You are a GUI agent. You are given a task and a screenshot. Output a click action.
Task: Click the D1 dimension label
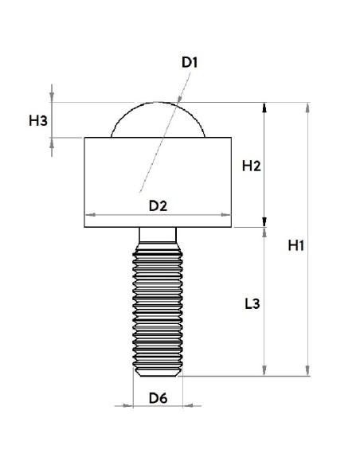click(x=190, y=62)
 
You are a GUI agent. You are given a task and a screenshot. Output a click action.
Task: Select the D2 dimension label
click(x=158, y=205)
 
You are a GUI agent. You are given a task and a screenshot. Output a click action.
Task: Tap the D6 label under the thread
click(x=158, y=398)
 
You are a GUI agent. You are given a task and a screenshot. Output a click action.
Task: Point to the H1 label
click(x=296, y=245)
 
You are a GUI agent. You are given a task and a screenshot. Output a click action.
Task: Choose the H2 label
click(x=251, y=166)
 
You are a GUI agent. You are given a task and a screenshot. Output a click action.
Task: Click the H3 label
click(x=38, y=121)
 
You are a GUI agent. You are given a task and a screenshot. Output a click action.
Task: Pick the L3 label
click(x=252, y=303)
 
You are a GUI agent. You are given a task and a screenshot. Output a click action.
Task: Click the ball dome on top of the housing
click(x=158, y=103)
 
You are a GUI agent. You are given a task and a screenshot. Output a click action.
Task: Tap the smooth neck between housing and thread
click(x=158, y=235)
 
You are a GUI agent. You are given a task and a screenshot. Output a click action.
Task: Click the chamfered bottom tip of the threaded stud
click(x=158, y=373)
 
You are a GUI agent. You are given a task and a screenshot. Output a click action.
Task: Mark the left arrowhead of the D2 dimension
click(x=90, y=214)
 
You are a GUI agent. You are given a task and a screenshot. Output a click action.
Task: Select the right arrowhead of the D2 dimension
click(x=226, y=214)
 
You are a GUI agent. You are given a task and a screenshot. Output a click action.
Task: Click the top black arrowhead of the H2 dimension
click(x=264, y=107)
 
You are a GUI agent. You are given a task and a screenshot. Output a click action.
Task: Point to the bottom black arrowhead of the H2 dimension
click(x=264, y=222)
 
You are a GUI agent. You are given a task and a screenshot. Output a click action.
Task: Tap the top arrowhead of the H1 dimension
click(x=307, y=107)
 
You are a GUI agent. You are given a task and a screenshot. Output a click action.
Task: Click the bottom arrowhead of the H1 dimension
click(x=307, y=371)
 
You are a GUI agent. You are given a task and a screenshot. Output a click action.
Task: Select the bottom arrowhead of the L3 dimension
click(x=264, y=371)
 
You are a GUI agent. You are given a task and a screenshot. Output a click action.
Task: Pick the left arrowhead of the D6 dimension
click(x=128, y=405)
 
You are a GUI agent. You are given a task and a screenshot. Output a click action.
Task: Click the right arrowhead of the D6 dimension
click(x=188, y=405)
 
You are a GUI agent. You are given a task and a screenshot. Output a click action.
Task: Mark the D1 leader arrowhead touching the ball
click(x=179, y=100)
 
